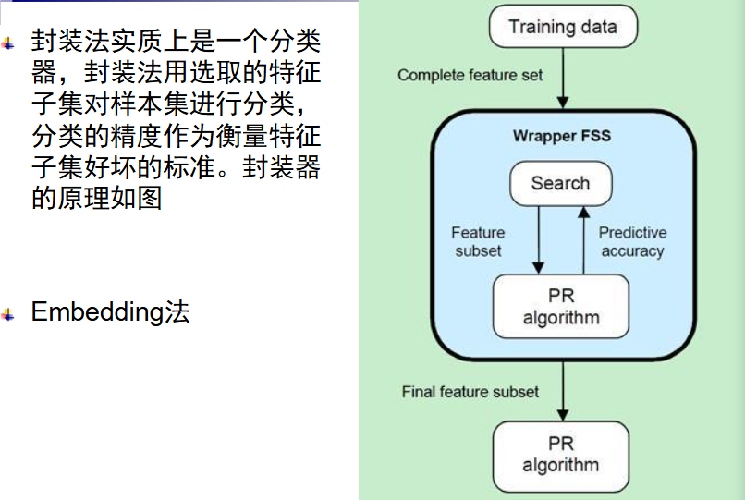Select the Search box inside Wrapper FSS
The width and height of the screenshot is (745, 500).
click(x=560, y=183)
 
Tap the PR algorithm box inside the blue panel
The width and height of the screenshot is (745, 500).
click(x=561, y=307)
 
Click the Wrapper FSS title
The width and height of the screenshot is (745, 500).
click(x=561, y=136)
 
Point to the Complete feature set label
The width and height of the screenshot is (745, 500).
click(x=470, y=75)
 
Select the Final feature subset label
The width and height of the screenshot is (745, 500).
click(x=470, y=392)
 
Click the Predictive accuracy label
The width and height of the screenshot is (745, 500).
click(x=632, y=241)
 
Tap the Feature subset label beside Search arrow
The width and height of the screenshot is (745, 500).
click(x=478, y=241)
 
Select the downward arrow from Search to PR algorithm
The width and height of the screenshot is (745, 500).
click(x=538, y=238)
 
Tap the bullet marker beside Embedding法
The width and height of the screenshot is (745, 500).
click(x=9, y=315)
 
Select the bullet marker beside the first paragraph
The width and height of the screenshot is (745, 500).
click(x=9, y=43)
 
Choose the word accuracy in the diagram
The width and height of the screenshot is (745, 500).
click(x=632, y=250)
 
